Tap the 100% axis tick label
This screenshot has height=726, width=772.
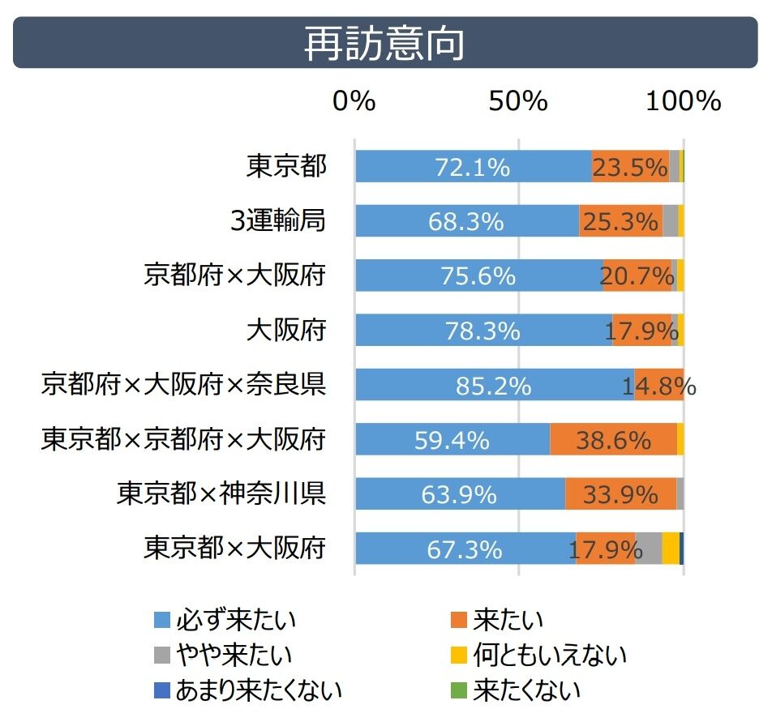coord(683,101)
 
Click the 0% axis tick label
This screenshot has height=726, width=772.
coord(354,101)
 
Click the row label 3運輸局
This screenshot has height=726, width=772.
coord(277,220)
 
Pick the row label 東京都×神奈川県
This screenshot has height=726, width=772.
coord(221,493)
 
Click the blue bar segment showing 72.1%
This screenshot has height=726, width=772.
coord(473,167)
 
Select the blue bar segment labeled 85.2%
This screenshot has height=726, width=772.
coord(494,385)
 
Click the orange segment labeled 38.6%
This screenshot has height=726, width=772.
coord(613,439)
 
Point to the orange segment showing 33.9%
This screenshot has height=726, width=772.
coord(620,493)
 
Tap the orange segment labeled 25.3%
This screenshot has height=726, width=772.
coord(620,221)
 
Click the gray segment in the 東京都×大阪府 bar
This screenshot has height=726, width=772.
coord(649,549)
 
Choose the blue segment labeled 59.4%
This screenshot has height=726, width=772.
coord(452,439)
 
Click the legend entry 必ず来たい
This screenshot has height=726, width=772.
coord(225,621)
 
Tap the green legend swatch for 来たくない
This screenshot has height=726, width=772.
coord(459,690)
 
